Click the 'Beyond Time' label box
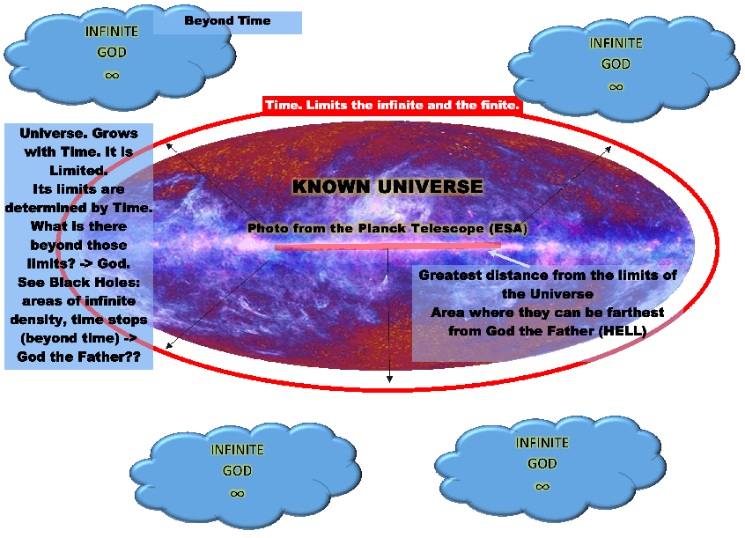227,21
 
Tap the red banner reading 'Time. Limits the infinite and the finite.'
393,106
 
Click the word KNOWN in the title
334,187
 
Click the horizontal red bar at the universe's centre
387,247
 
